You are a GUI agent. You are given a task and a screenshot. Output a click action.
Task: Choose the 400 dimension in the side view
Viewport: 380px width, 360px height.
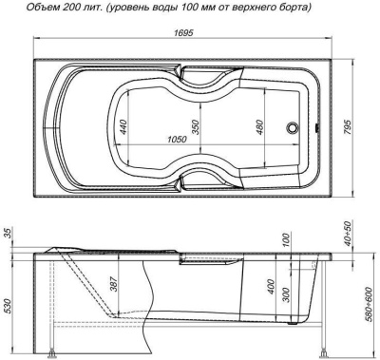272,285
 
